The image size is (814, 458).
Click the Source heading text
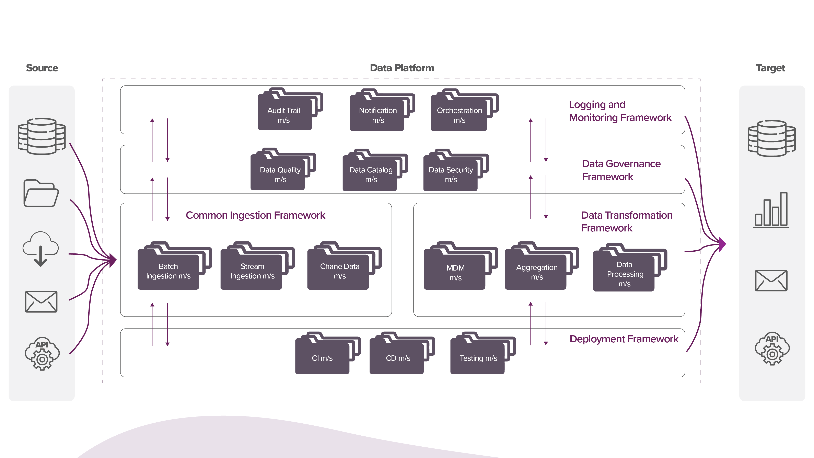coord(42,68)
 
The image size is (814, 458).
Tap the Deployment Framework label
coord(624,339)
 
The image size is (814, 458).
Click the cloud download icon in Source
coord(40,248)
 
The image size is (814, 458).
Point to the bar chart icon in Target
coord(771,210)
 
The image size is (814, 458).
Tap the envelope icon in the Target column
coord(771,280)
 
